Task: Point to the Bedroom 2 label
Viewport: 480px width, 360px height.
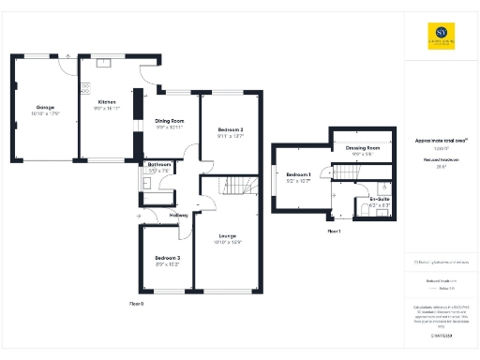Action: click(231, 129)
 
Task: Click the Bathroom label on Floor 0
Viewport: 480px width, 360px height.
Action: click(158, 165)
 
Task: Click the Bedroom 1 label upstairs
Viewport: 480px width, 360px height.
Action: click(298, 175)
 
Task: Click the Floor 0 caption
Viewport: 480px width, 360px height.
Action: click(137, 304)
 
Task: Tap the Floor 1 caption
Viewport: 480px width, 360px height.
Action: click(334, 230)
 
